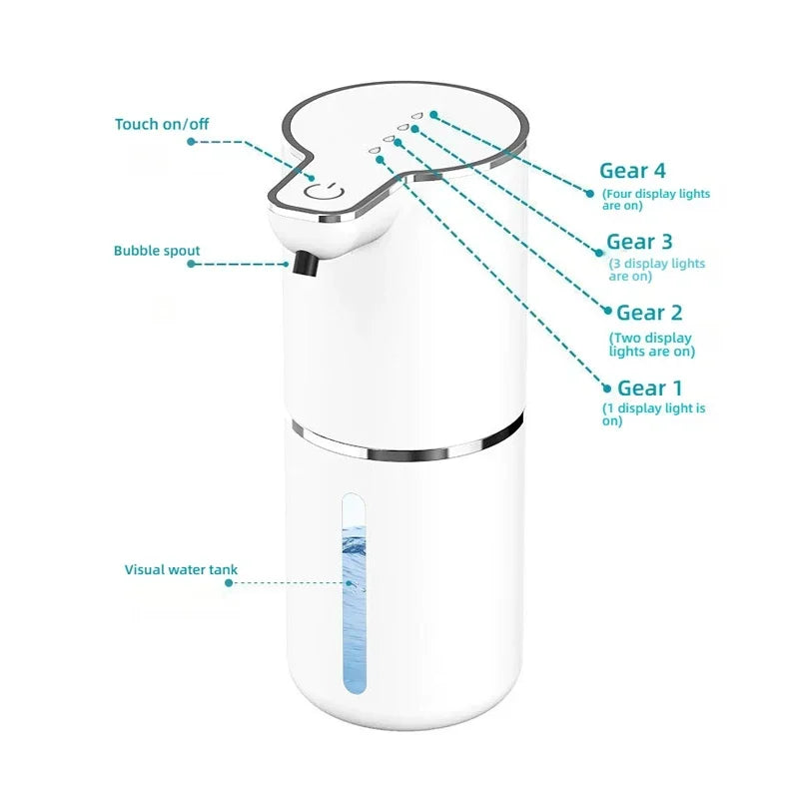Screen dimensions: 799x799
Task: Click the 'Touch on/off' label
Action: (x=162, y=124)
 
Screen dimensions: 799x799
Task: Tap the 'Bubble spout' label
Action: (x=156, y=251)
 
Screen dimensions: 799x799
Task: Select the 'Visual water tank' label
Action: (x=181, y=569)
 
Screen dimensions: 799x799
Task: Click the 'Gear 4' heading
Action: (x=632, y=171)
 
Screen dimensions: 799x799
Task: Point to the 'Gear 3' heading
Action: (x=639, y=242)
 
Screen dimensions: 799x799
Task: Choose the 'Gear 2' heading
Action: (x=650, y=313)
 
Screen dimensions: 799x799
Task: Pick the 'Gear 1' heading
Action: (x=650, y=388)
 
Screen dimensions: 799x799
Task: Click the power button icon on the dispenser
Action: (x=324, y=193)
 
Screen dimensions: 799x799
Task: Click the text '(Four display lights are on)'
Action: (x=655, y=200)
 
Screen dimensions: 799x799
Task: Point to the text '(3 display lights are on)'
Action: (x=656, y=270)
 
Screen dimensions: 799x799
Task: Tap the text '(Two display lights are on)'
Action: (x=651, y=345)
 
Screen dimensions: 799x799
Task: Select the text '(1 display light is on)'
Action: (x=653, y=414)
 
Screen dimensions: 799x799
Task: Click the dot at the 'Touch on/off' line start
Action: (x=191, y=142)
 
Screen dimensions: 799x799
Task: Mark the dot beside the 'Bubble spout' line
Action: (x=191, y=264)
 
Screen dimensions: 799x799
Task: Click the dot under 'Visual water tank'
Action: (x=228, y=583)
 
